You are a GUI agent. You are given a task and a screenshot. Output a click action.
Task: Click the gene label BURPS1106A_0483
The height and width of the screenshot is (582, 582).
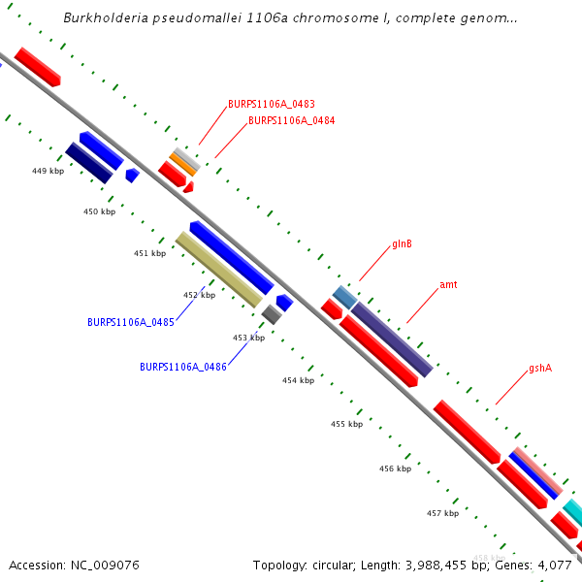(x=272, y=104)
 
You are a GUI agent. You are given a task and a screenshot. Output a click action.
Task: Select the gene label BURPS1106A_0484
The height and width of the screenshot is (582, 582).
(x=292, y=121)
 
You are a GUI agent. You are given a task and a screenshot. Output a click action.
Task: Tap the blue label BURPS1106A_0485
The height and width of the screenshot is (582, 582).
(x=131, y=322)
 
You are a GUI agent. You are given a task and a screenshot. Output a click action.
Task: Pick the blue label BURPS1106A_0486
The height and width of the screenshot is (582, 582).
(x=183, y=368)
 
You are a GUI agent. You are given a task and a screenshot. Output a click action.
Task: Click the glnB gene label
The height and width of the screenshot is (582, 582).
(x=402, y=244)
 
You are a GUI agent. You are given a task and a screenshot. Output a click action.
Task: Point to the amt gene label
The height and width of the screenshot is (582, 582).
(x=448, y=285)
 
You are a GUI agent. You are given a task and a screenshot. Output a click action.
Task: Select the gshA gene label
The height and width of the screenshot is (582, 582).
(x=540, y=370)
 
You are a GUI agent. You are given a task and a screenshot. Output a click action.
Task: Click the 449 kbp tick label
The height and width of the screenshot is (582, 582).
(x=48, y=171)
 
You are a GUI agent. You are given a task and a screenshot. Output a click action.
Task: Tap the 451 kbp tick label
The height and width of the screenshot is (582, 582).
(x=149, y=253)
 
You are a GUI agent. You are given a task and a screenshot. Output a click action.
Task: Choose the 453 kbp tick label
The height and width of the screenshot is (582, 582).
(x=248, y=338)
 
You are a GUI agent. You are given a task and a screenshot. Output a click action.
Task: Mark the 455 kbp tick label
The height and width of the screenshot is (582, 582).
(x=346, y=424)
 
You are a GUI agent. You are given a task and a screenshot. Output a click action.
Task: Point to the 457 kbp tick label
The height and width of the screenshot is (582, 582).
(x=442, y=513)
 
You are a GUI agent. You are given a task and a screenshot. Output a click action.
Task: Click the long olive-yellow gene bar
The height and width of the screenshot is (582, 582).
(x=218, y=270)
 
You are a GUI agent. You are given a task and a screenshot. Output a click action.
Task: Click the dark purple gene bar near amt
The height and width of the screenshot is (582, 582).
(x=392, y=339)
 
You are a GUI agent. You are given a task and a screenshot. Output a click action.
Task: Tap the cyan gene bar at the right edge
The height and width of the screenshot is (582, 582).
(x=573, y=511)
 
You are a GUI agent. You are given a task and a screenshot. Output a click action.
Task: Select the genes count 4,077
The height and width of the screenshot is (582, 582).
(x=557, y=565)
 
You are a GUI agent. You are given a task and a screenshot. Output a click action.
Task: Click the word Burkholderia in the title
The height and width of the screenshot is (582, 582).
(x=107, y=18)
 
